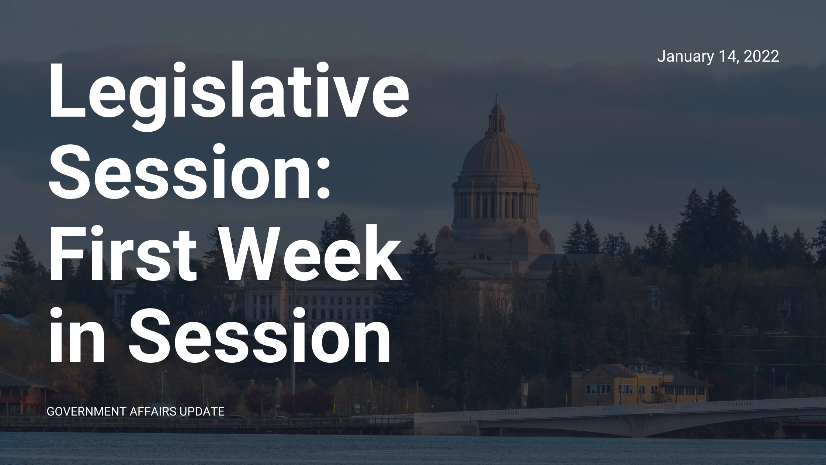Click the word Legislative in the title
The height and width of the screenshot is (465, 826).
(229, 96)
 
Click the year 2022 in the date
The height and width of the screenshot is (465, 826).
(761, 56)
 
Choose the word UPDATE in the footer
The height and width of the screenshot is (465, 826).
(202, 411)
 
